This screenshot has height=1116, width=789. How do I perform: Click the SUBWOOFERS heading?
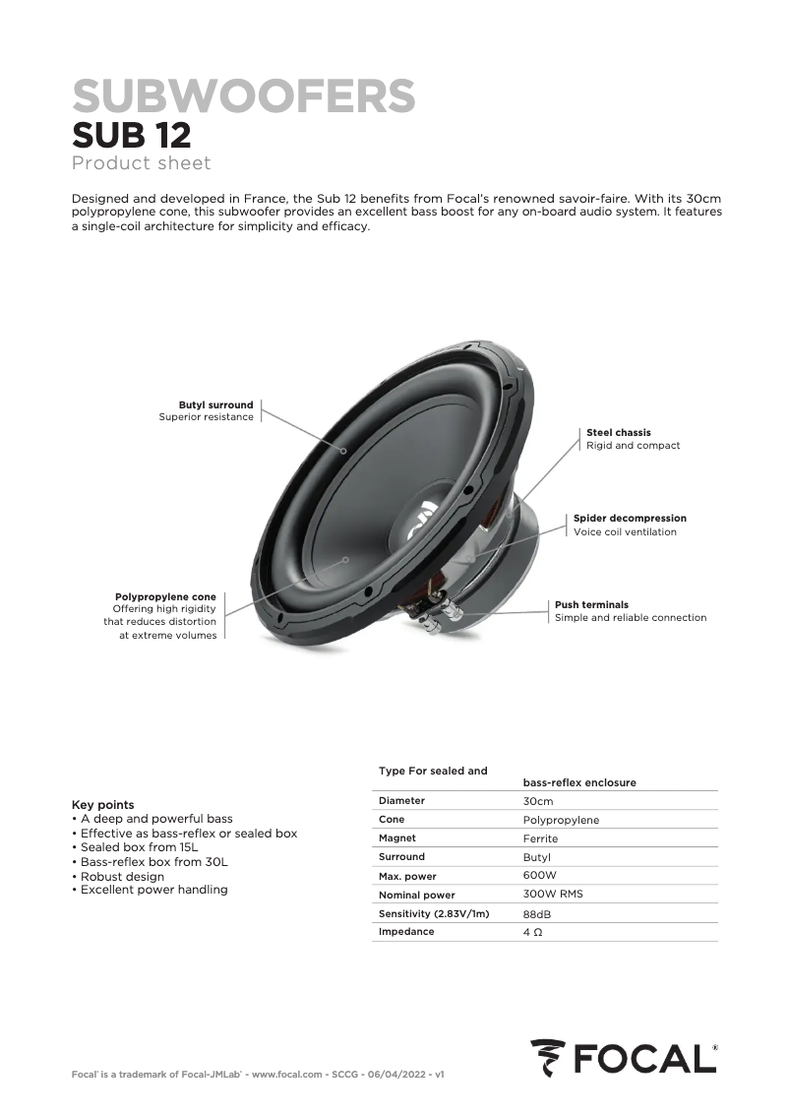coord(244,96)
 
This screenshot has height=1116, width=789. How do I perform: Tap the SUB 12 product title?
coord(132,135)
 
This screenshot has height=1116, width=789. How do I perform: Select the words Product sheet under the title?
coord(142,162)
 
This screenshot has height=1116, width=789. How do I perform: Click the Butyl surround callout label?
coord(215,404)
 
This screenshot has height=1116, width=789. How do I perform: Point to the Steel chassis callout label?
coord(618,432)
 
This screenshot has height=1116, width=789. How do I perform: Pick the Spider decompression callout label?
coord(630,518)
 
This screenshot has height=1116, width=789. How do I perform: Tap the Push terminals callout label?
coord(591,604)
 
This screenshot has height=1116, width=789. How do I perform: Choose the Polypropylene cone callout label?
coord(165,596)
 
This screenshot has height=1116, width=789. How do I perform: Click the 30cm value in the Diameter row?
coord(538,801)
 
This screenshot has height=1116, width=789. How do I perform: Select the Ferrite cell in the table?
coord(540,838)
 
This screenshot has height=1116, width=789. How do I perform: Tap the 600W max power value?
coord(540,875)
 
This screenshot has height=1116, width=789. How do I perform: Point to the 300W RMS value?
coord(553,895)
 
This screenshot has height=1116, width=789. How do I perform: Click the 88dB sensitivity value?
coord(537,914)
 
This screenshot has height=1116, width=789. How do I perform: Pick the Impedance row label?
coord(406,931)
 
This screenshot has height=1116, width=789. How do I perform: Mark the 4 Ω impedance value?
coord(532,931)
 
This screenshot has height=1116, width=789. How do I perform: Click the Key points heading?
coord(103,804)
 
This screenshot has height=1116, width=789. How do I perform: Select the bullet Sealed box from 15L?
coord(139,846)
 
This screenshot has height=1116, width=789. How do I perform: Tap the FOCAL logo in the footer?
coord(624,1058)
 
